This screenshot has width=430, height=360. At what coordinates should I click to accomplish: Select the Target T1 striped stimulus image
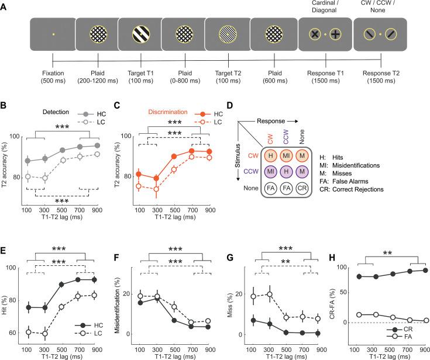click(139, 35)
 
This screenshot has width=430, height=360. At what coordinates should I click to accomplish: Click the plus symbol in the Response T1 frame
click(335, 35)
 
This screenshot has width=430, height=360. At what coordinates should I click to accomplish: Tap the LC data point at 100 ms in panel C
click(139, 186)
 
